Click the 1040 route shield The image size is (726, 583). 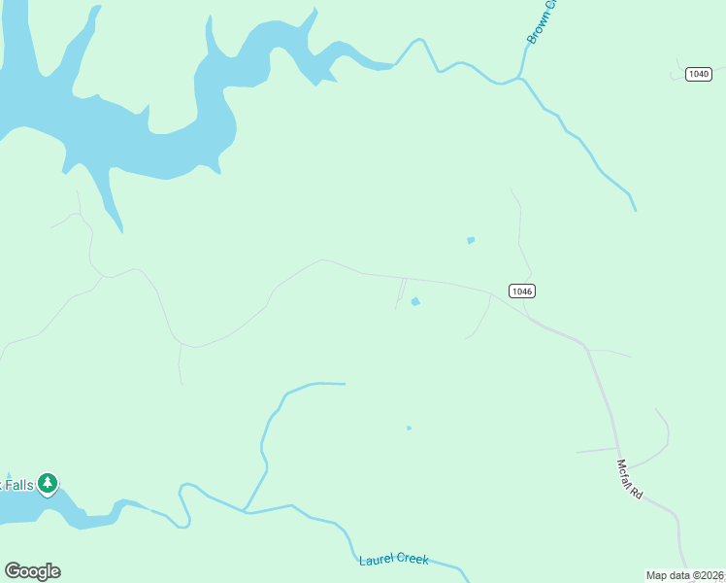click(x=698, y=75)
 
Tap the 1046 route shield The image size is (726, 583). click(x=521, y=291)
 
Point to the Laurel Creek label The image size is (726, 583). click(x=393, y=560)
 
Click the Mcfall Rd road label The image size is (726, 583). click(x=630, y=478)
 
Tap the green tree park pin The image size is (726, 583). click(x=48, y=483)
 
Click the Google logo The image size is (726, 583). click(x=32, y=570)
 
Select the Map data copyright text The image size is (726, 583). click(x=684, y=575)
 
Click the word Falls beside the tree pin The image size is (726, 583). click(x=17, y=484)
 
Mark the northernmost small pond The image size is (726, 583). click(x=471, y=240)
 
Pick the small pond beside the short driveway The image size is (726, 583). click(x=415, y=302)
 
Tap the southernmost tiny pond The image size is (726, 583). click(x=409, y=428)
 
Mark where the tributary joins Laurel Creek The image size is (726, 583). click(x=245, y=510)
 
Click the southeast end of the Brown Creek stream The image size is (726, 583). click(x=635, y=209)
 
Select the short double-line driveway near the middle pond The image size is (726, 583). click(x=400, y=291)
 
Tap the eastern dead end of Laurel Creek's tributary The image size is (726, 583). click(x=344, y=384)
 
